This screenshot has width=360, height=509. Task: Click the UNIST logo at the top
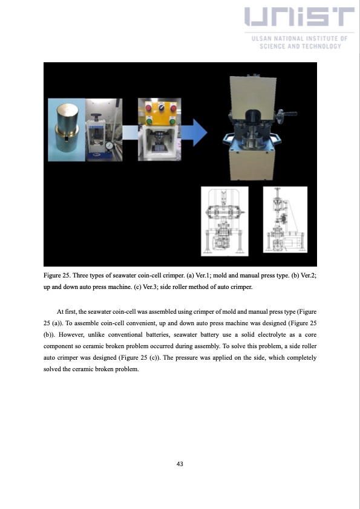point(299,20)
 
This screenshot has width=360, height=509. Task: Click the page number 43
point(180,464)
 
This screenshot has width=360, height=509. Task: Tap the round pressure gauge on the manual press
point(108,146)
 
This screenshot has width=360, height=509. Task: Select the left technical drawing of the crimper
point(224,222)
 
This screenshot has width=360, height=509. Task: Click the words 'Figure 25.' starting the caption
point(57,276)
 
